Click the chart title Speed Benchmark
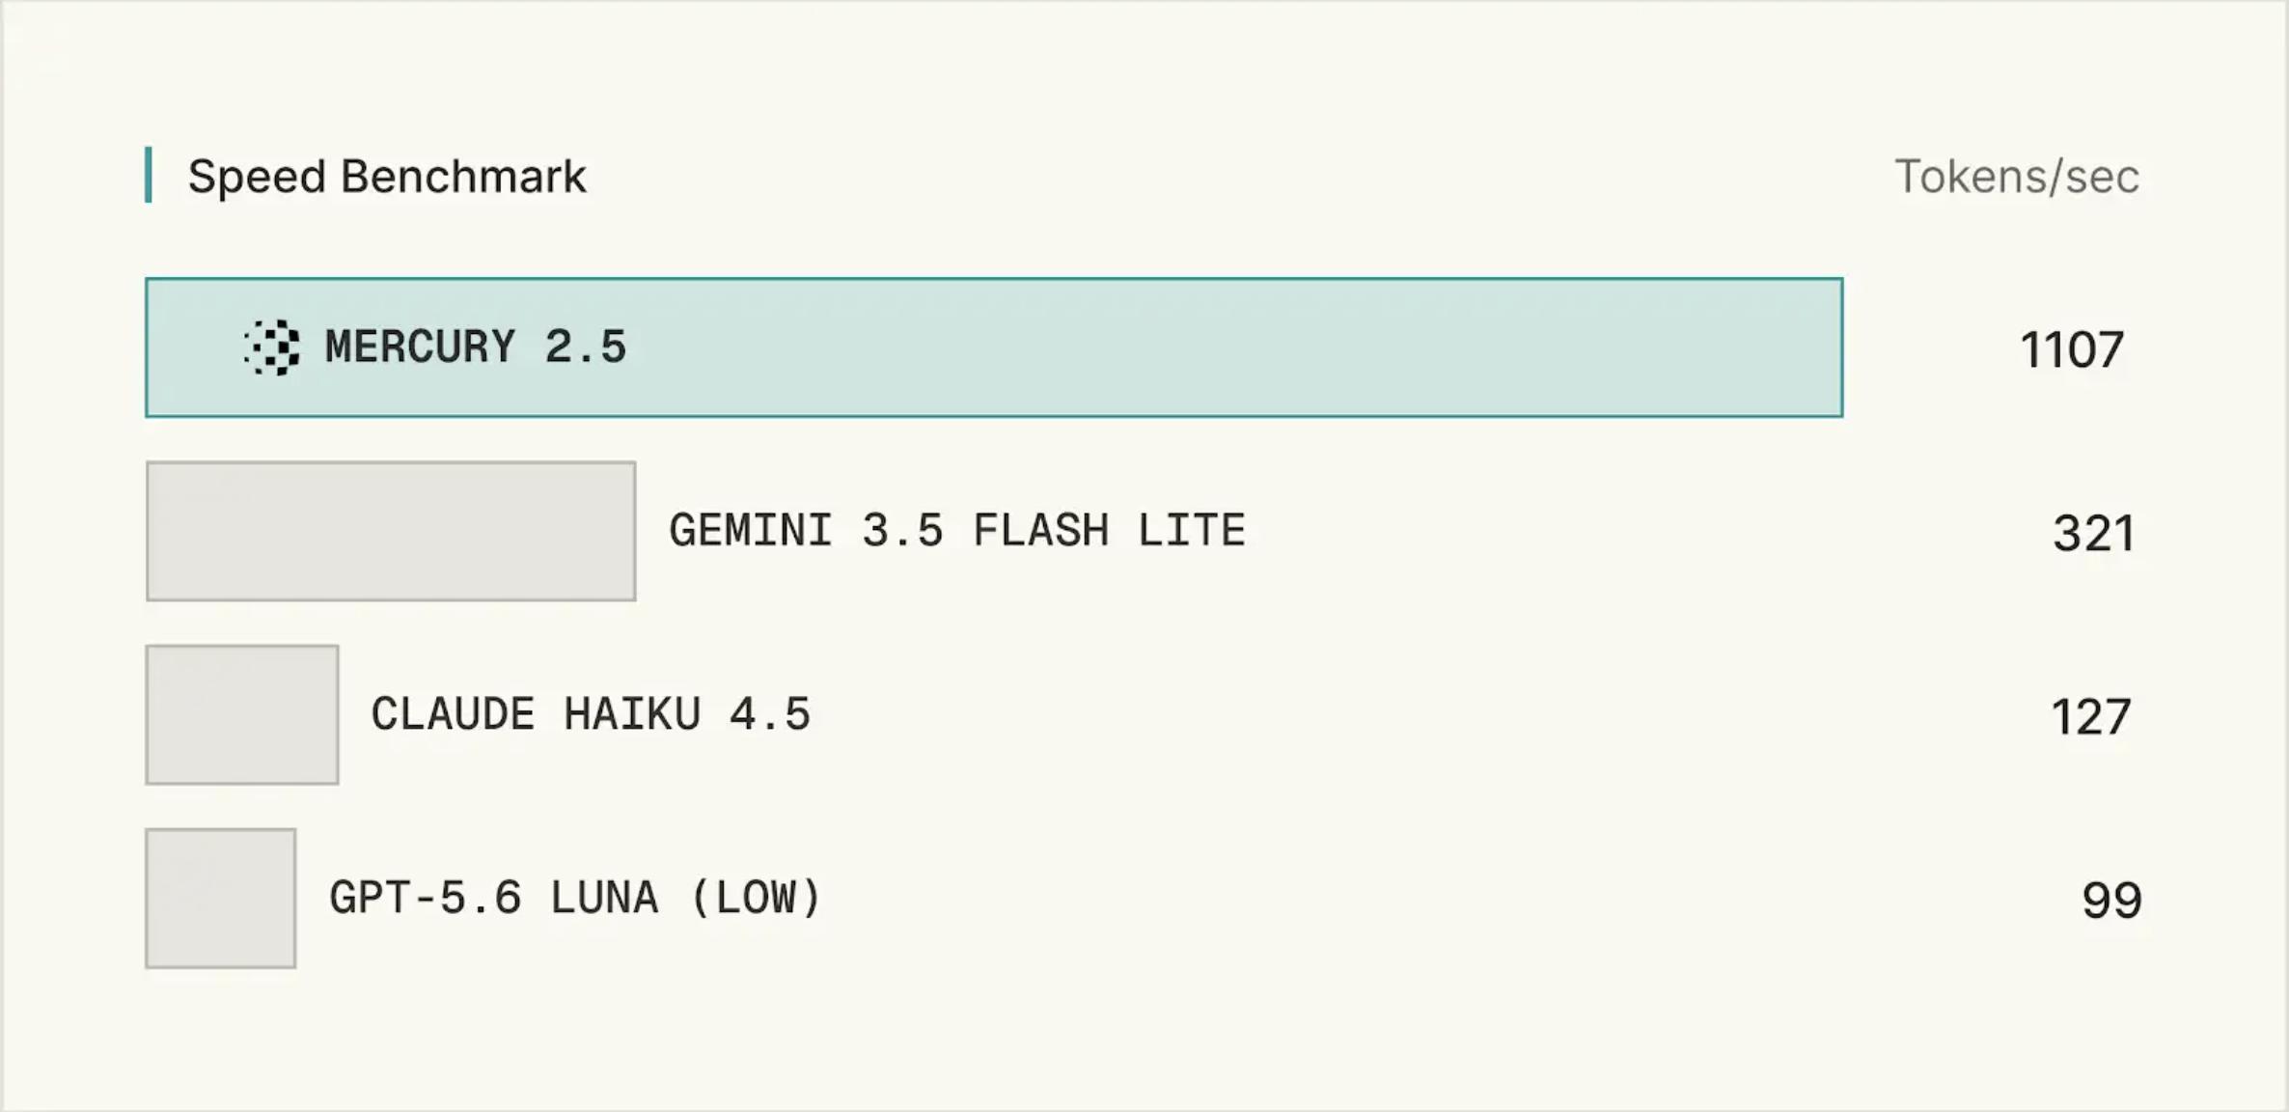(x=387, y=178)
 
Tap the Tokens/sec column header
(x=2017, y=177)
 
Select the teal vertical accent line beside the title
(x=149, y=175)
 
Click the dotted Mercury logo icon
(x=272, y=347)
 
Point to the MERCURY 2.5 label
(x=476, y=347)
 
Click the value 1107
(x=2072, y=349)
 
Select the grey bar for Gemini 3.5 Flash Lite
(x=391, y=531)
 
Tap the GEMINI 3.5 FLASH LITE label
(x=957, y=531)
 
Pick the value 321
(x=2093, y=533)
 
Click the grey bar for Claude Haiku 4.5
(x=242, y=714)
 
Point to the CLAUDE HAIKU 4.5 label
(x=591, y=714)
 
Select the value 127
(x=2090, y=716)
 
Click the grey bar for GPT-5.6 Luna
(x=221, y=898)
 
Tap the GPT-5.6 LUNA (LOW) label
(x=575, y=898)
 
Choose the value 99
(x=2111, y=900)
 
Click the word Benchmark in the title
(x=463, y=177)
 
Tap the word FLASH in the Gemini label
(x=1041, y=531)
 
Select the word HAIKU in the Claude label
(x=632, y=714)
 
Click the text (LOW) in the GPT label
(x=756, y=898)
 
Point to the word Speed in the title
(x=257, y=178)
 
